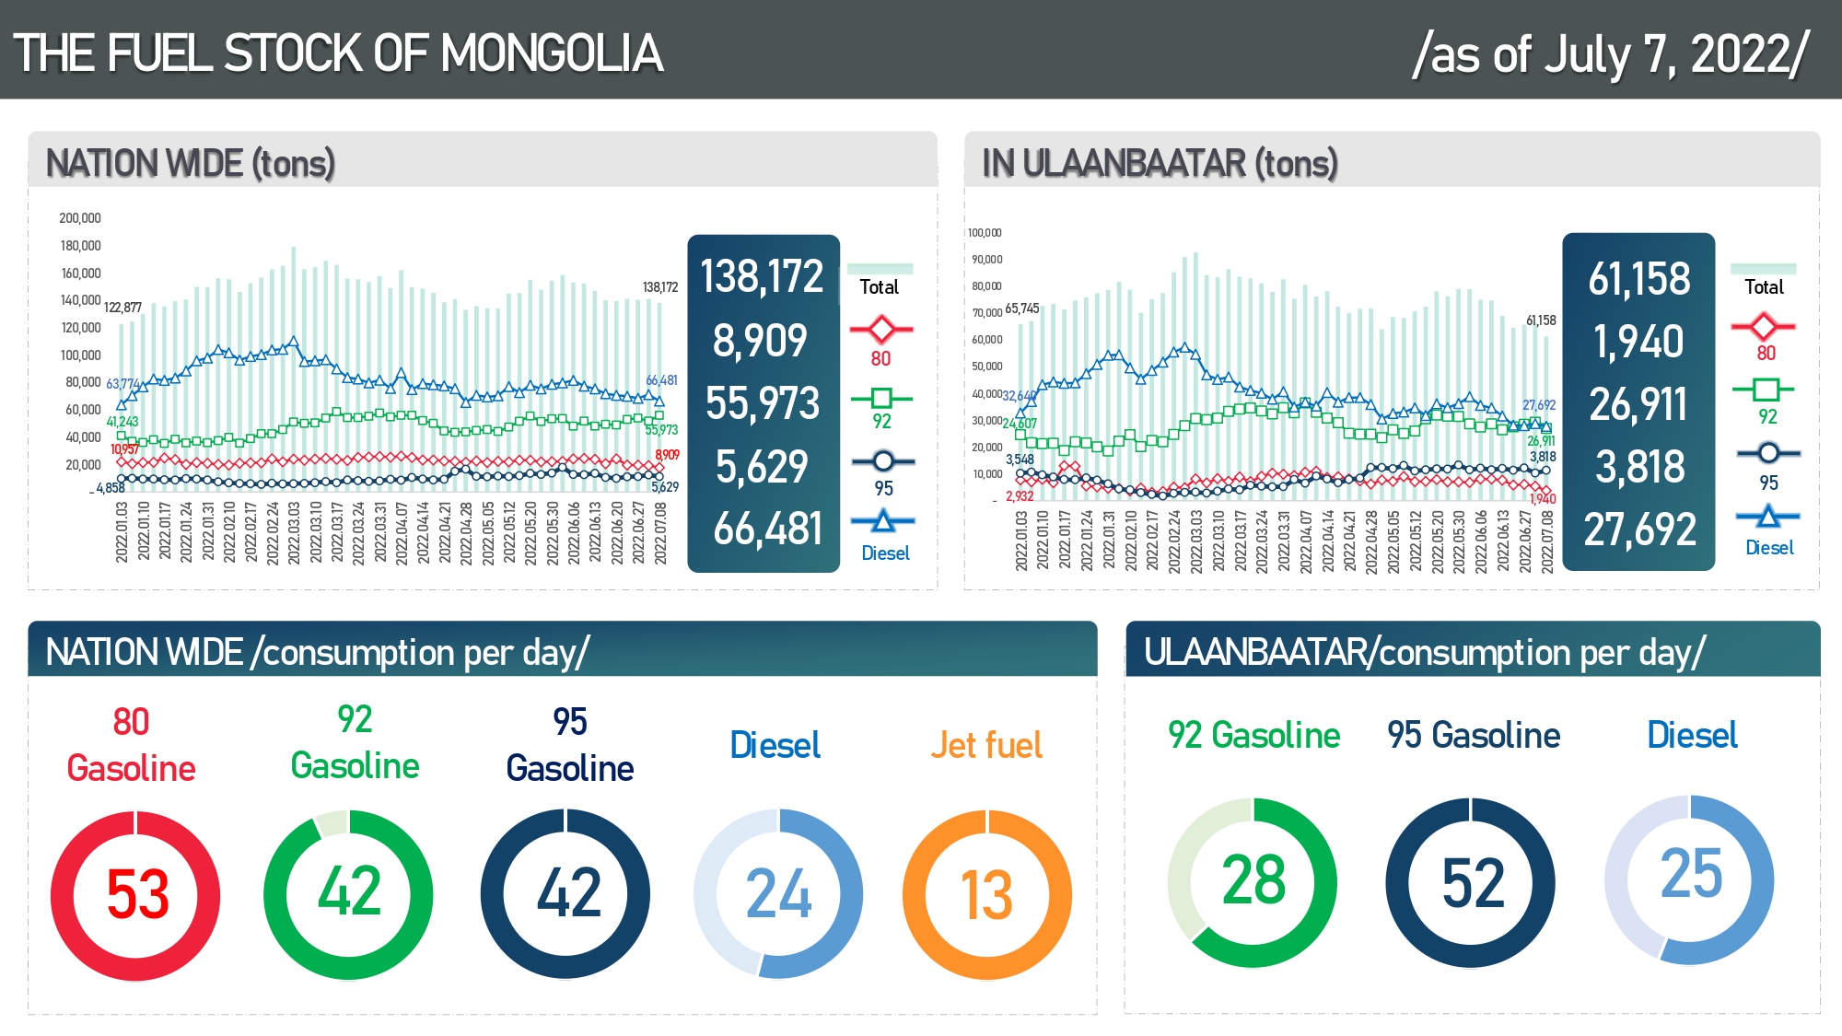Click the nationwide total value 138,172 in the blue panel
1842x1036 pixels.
(762, 276)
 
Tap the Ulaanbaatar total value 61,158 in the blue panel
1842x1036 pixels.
(1638, 279)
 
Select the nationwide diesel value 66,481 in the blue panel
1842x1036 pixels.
(767, 530)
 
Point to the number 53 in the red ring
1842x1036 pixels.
(138, 895)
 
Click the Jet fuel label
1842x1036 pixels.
(985, 745)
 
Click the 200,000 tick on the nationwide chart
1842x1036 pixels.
(80, 218)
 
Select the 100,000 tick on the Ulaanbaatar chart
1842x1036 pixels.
(985, 233)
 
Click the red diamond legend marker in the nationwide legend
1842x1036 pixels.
(881, 329)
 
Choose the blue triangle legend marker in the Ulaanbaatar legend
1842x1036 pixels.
(1767, 517)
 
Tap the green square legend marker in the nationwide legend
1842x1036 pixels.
(881, 398)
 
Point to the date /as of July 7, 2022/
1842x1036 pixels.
(1610, 53)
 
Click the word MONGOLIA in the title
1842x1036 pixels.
(552, 53)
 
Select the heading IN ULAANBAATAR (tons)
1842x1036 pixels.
(1159, 163)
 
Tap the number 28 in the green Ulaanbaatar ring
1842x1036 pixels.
(1253, 880)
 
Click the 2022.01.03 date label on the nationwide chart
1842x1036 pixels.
(122, 531)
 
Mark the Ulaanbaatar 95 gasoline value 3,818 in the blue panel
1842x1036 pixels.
(1639, 467)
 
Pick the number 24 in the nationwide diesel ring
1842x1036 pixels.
(778, 895)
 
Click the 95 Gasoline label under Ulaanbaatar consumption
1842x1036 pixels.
(1474, 735)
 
